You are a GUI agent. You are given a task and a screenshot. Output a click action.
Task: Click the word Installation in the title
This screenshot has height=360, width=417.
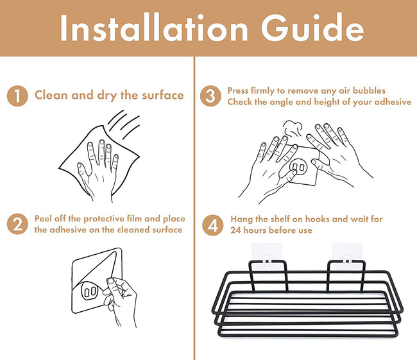click(154, 28)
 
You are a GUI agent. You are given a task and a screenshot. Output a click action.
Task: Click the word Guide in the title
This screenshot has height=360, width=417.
click(312, 28)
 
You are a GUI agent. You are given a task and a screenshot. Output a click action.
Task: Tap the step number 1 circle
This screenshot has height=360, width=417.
click(17, 96)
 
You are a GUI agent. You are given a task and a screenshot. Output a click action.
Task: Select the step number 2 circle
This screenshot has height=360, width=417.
click(17, 224)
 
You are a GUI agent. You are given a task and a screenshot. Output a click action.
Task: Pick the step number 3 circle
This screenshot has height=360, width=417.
click(210, 96)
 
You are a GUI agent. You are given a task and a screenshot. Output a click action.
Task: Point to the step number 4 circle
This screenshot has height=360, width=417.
click(213, 225)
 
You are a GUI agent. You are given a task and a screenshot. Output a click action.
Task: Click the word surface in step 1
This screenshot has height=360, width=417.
click(163, 95)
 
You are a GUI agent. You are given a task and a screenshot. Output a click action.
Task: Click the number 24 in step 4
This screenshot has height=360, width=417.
click(235, 230)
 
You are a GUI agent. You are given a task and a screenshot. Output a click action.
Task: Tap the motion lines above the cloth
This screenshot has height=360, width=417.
click(124, 124)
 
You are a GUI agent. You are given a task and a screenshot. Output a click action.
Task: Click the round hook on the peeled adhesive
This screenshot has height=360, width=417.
click(89, 291)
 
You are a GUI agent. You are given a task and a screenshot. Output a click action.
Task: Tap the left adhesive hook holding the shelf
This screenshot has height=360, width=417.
click(267, 255)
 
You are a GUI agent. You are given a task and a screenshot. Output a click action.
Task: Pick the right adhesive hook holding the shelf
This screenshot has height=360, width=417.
click(347, 255)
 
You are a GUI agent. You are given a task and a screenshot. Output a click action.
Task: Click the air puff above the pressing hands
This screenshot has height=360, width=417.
click(293, 128)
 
